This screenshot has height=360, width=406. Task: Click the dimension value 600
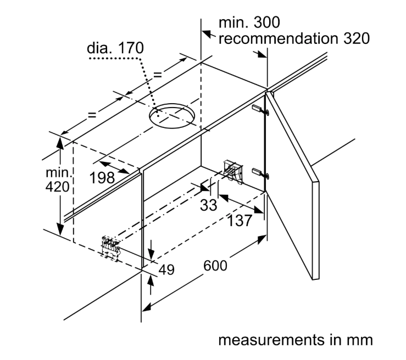215,266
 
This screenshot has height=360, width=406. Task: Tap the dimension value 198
102,178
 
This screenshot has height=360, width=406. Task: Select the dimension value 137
240,221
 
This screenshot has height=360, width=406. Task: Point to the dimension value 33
208,205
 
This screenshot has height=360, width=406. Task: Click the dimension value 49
166,270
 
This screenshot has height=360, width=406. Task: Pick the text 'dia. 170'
115,48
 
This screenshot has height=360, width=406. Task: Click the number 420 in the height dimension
58,187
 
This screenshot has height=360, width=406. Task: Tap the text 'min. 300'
249,22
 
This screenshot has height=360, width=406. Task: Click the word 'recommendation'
279,38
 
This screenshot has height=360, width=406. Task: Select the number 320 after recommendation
357,38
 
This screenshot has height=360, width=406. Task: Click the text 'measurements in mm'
296,340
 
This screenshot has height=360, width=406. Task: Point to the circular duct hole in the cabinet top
171,116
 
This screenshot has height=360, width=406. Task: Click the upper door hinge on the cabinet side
261,110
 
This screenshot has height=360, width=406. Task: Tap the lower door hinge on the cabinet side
261,173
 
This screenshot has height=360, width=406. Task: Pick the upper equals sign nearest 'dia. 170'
158,75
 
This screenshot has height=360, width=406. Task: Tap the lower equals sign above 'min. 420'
92,115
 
